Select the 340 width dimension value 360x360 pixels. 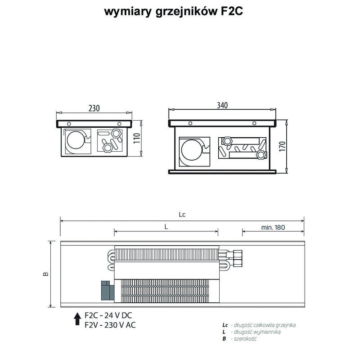coord(222,105)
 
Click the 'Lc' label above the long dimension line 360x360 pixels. coord(182,215)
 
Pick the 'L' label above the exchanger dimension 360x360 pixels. coord(166,227)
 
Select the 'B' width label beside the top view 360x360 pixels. coord(46,274)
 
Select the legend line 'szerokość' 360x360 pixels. coord(245,338)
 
